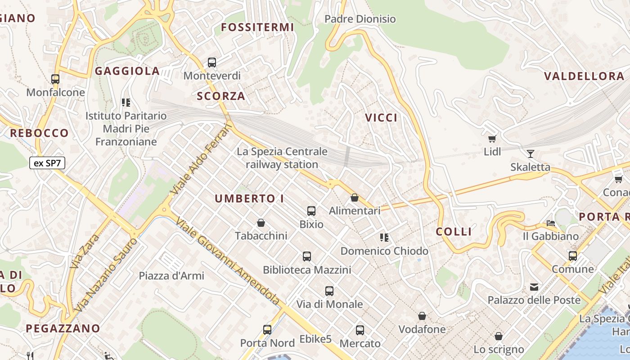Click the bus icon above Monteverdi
pos(212,63)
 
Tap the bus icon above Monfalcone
pos(55,79)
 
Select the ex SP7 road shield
pos(47,163)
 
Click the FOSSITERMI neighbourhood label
pos(258,27)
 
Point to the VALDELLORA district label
pos(584,76)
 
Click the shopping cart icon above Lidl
pos(492,139)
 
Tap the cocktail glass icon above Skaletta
pos(531,154)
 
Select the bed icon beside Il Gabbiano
pos(551,223)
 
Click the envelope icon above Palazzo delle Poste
pos(534,287)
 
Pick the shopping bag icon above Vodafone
pos(422,316)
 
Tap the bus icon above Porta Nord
pos(267,330)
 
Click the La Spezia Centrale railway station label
pos(282,158)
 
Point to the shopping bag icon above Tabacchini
pos(261,223)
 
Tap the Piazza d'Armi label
pos(171,276)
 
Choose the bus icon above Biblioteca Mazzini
pos(307,256)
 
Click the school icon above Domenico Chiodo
pos(384,237)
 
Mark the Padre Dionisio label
pos(360,19)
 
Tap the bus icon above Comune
pos(573,256)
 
